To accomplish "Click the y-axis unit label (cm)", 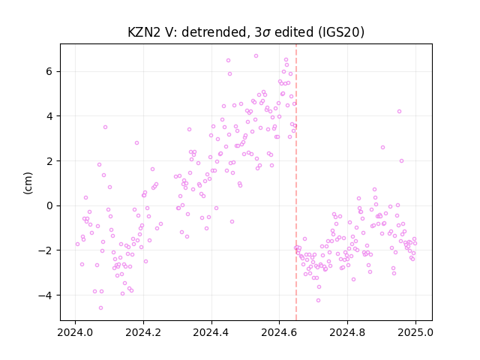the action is (x=28, y=183).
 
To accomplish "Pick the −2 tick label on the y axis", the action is (x=46, y=250).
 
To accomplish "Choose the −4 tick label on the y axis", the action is (x=46, y=295).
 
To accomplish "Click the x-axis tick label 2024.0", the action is (x=75, y=332).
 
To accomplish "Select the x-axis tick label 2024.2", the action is (x=143, y=332).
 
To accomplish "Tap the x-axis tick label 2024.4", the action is (x=211, y=332).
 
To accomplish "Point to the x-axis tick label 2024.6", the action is (x=279, y=332).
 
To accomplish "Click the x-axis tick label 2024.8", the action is (x=347, y=332).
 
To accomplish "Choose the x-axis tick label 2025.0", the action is (x=415, y=332).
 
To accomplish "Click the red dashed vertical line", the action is (x=296, y=182).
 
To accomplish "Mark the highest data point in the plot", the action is (x=256, y=55).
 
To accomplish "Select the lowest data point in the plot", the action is (x=100, y=307).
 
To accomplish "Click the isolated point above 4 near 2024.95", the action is (x=399, y=112).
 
